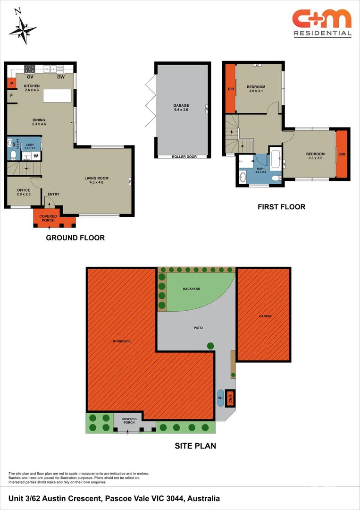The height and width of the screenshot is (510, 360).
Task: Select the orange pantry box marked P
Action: (11, 84)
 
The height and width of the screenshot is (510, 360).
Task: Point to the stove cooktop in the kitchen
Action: (30, 68)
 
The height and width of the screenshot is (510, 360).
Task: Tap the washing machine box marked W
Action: (36, 155)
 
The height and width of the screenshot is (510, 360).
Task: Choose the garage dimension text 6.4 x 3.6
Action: (181, 110)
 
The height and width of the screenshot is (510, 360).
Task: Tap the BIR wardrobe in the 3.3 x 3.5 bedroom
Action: (342, 154)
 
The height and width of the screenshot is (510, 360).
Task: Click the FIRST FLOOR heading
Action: (281, 206)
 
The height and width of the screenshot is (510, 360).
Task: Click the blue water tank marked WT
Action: (220, 398)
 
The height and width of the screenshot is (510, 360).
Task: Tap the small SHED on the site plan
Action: (230, 398)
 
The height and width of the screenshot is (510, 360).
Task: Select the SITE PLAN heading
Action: (195, 445)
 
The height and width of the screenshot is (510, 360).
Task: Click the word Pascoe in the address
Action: (118, 498)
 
